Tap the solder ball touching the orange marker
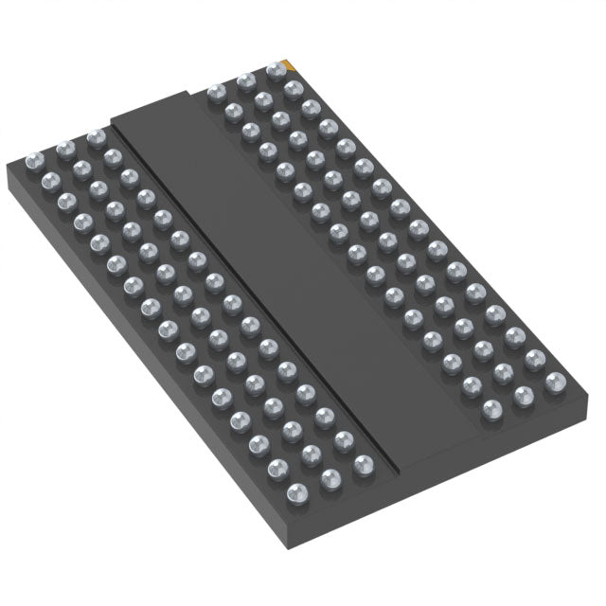(x=276, y=70)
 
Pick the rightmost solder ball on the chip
(x=555, y=382)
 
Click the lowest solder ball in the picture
(x=296, y=492)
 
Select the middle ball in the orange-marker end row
(x=245, y=81)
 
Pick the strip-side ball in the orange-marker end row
(x=215, y=93)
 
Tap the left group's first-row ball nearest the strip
(x=95, y=137)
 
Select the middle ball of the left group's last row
(x=330, y=479)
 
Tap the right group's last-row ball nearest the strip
(x=492, y=409)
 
